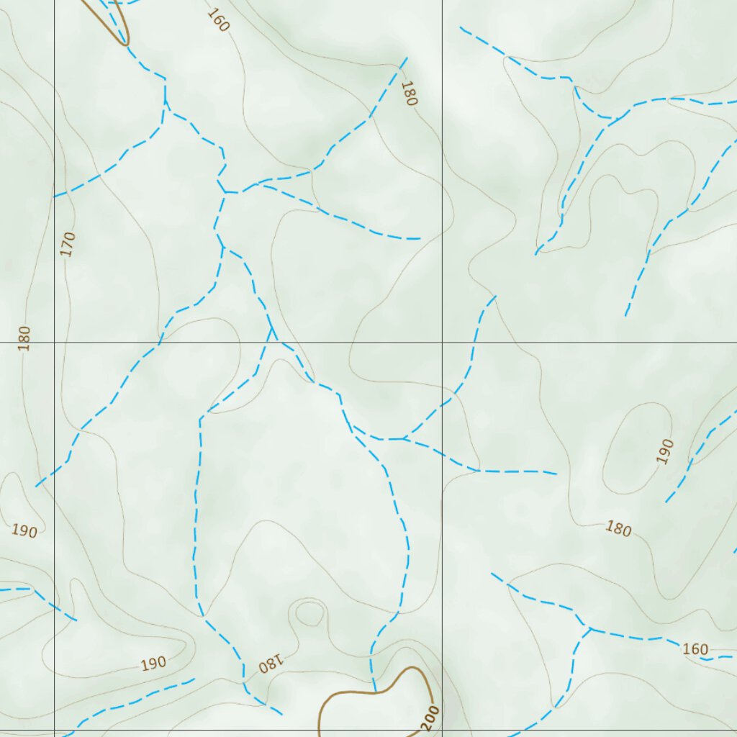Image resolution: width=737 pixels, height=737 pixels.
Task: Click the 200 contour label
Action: click(430, 719)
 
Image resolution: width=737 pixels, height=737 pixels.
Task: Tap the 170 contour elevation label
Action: click(68, 244)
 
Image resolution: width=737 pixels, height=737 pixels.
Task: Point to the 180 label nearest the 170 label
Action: click(25, 338)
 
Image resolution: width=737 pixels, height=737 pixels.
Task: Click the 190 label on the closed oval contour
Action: click(666, 451)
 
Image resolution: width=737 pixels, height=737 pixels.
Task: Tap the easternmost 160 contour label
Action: click(695, 649)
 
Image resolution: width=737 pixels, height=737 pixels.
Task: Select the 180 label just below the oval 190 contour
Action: click(618, 529)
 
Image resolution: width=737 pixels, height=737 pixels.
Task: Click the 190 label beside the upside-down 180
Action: click(153, 663)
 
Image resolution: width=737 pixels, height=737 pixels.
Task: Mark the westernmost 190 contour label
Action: click(24, 531)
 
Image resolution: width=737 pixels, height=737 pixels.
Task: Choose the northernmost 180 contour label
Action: click(409, 94)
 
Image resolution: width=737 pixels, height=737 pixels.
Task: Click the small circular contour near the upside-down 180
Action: click(309, 614)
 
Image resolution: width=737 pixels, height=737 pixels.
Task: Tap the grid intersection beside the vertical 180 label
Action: click(55, 342)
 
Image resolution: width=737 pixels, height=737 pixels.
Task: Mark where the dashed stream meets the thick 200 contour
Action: click(374, 692)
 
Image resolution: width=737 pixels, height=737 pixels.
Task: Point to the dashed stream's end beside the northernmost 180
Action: click(407, 58)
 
